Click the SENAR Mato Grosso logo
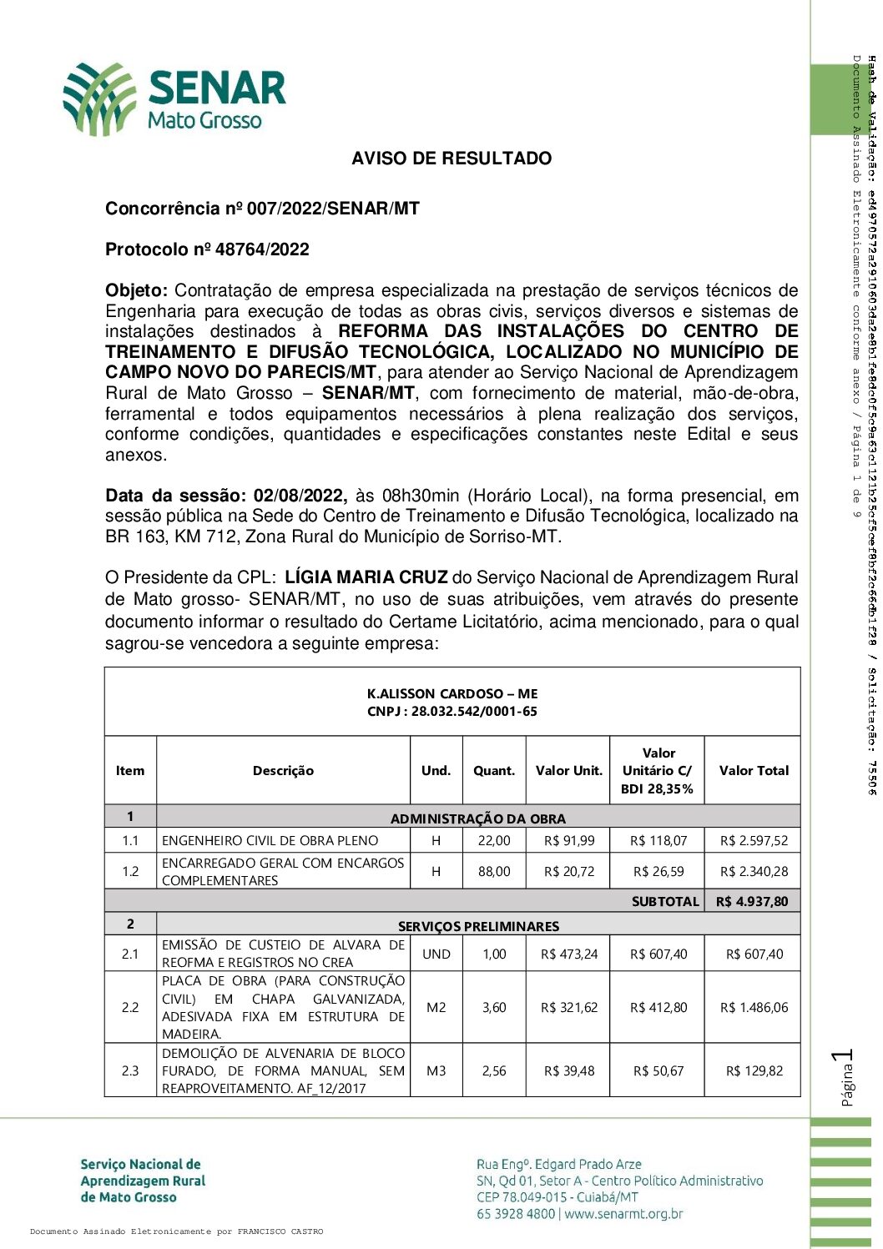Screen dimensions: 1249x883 click(x=175, y=99)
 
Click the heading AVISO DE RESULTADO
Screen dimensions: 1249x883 click(x=452, y=159)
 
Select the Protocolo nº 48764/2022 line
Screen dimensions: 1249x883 click(x=207, y=249)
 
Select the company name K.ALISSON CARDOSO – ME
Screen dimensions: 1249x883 click(x=452, y=693)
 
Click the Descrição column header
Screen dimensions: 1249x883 click(x=283, y=771)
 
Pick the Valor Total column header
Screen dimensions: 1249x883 click(x=754, y=771)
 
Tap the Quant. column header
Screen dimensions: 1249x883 click(x=494, y=771)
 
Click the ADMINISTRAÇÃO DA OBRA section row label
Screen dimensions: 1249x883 click(x=478, y=818)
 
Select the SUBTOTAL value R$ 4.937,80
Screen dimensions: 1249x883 click(x=752, y=901)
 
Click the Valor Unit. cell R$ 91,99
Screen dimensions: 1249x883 click(x=569, y=841)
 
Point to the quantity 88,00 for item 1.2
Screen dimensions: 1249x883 click(x=494, y=871)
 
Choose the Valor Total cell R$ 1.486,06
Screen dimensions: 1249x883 click(x=754, y=1007)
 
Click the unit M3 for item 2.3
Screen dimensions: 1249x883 click(x=436, y=1070)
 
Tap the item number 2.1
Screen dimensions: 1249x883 click(x=130, y=954)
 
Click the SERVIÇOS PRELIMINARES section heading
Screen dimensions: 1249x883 click(x=478, y=926)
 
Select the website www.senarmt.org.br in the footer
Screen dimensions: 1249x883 click(x=623, y=1214)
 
